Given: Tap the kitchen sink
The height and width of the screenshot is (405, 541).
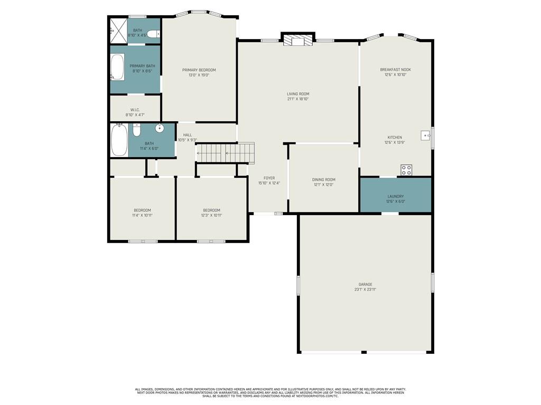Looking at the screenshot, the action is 426,136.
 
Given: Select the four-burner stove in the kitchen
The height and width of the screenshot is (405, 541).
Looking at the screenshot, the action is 406,170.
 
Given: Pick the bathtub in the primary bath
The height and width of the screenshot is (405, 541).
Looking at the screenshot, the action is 117,67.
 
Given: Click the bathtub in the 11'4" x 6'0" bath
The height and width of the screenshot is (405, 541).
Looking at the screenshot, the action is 119,140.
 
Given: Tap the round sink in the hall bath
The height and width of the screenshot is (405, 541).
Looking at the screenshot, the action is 160,128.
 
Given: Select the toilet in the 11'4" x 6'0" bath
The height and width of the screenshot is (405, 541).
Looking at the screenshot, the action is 137,130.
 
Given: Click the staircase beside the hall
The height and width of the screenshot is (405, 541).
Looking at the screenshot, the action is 225,152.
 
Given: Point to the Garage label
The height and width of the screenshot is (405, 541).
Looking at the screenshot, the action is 365,284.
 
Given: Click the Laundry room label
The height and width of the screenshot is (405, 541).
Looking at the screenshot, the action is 395,196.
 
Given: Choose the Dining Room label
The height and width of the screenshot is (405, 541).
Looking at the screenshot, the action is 324,179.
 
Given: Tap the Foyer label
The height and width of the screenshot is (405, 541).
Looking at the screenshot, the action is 269,178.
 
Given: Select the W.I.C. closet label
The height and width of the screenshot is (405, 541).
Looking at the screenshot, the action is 135,110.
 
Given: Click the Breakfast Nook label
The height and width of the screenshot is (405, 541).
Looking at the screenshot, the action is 395,70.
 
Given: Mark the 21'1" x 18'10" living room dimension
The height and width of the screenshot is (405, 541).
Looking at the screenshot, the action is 298,99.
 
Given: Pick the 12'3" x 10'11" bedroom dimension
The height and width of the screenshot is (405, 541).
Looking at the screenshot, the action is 211,215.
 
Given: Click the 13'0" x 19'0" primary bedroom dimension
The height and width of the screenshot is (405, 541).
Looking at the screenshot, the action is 199,75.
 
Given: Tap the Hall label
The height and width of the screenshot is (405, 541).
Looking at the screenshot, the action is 188,135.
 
